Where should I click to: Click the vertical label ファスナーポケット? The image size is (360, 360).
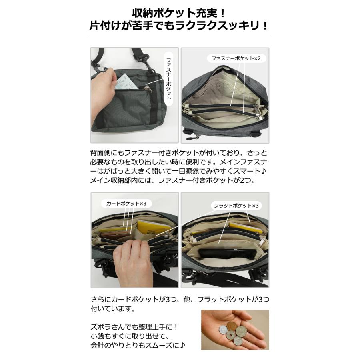click(168, 78)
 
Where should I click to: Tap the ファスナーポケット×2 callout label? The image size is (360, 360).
click(236, 58)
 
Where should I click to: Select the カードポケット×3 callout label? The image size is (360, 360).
click(126, 204)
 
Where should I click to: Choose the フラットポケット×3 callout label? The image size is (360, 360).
click(236, 206)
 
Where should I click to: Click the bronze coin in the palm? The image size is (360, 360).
click(232, 326)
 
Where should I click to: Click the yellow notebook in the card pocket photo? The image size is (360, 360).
click(149, 227)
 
